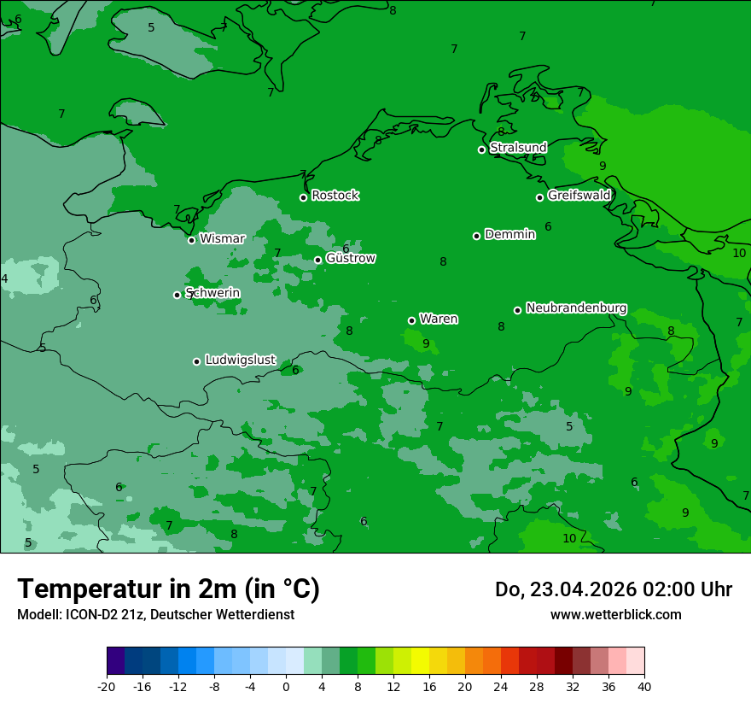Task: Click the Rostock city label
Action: click(335, 196)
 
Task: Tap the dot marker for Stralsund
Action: click(481, 149)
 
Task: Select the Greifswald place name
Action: click(579, 196)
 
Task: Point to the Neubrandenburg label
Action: click(576, 308)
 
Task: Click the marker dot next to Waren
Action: click(411, 320)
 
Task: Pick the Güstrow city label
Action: click(351, 258)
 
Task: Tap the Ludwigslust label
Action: click(240, 360)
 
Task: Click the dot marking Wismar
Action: click(192, 240)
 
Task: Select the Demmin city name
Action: click(509, 234)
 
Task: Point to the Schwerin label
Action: click(212, 293)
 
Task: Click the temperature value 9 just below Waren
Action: click(426, 343)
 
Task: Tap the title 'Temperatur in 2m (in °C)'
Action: click(168, 589)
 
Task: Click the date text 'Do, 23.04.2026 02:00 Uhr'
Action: click(613, 589)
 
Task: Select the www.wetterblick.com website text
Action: click(615, 614)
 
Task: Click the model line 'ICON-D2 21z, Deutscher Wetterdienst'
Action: click(155, 614)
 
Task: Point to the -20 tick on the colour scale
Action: click(107, 686)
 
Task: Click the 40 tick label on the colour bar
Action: click(644, 686)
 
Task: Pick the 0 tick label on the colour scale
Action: click(286, 686)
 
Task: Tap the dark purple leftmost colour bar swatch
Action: click(115, 661)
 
